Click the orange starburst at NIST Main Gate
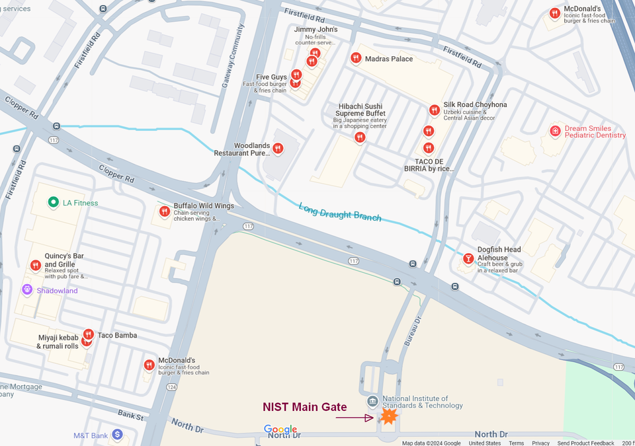point(389,416)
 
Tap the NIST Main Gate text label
point(304,407)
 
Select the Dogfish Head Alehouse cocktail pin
point(469,258)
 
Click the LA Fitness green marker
point(54,203)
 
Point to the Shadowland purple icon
point(27,290)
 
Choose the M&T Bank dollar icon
point(117,435)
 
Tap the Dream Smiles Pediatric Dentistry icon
point(555,131)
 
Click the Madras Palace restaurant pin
point(356,58)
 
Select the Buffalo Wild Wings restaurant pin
point(165,211)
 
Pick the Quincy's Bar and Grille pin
point(36,266)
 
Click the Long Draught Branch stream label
point(340,212)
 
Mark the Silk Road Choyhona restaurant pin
point(435,110)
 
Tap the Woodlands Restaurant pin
point(278,149)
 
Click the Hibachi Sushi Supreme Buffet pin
point(360,137)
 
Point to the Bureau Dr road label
point(413,330)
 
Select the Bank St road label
point(131,416)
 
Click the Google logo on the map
point(280,429)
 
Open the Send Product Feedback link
point(586,443)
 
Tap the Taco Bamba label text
point(117,336)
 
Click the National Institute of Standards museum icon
point(372,402)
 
